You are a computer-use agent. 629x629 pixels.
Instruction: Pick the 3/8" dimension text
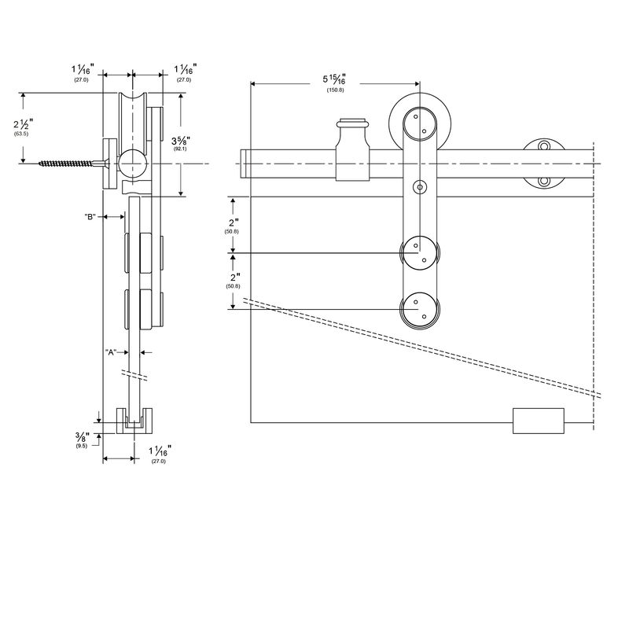[x=82, y=437]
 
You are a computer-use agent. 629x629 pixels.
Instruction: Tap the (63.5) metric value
[x=21, y=135]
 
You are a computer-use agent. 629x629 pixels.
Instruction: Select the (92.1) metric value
[x=180, y=149]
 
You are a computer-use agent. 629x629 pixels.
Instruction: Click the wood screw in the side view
[x=67, y=164]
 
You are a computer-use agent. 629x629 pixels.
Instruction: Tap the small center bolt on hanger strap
[x=421, y=187]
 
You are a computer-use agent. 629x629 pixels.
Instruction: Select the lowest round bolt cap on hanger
[x=421, y=310]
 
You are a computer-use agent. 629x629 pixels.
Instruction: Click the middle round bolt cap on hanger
[x=421, y=253]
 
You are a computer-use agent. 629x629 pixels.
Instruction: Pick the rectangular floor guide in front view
[x=539, y=421]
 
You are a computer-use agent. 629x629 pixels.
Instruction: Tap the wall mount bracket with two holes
[x=545, y=164]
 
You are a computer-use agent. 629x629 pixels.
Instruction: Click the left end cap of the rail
[x=245, y=164]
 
